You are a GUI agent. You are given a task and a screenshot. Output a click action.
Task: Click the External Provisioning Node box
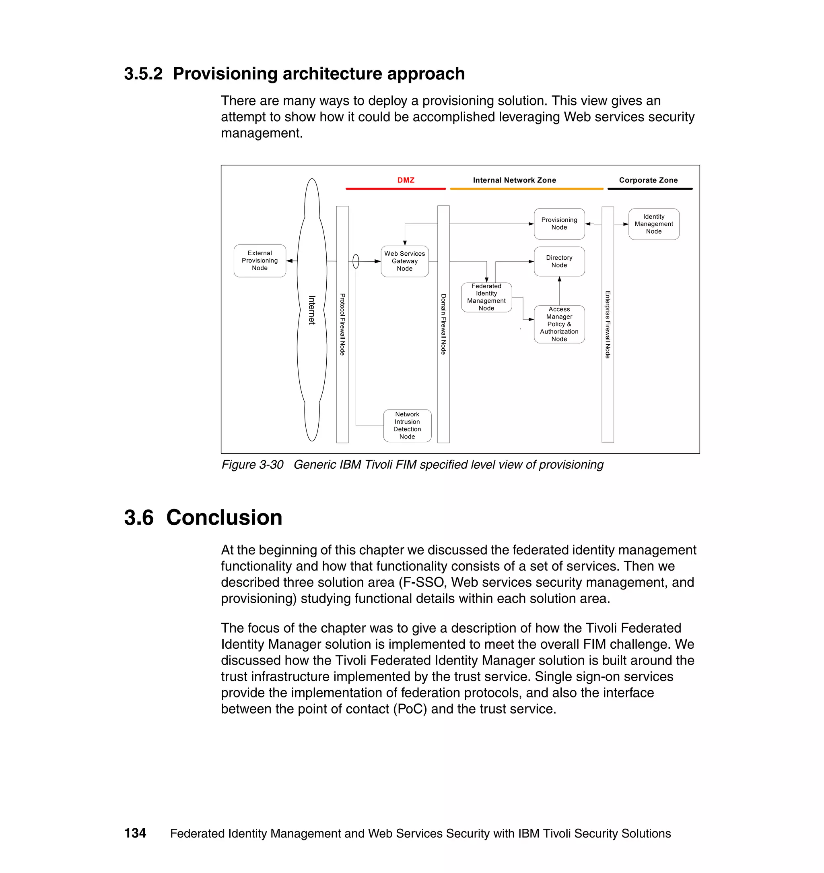[x=260, y=261]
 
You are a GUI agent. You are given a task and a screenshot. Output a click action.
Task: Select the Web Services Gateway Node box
[x=404, y=261]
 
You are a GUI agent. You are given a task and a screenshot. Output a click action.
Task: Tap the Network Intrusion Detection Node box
[x=407, y=426]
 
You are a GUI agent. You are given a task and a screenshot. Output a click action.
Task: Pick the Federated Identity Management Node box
[x=486, y=297]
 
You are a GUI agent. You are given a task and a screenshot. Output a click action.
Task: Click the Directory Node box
[x=559, y=262]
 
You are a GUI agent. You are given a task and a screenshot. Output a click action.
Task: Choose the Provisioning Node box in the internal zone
[x=559, y=224]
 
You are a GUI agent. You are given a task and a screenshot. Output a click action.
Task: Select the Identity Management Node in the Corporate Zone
[x=653, y=224]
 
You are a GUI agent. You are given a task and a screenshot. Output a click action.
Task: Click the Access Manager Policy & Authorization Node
[x=559, y=325]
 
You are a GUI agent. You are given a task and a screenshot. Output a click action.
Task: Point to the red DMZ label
[x=406, y=180]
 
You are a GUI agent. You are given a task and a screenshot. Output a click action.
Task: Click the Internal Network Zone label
[x=514, y=180]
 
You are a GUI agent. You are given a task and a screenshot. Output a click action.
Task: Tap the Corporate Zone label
[x=648, y=180]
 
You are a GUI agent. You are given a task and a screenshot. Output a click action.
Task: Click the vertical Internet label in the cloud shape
[x=312, y=310]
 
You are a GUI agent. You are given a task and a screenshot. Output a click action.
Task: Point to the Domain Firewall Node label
[x=444, y=325]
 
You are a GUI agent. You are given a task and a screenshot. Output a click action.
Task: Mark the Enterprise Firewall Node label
[x=608, y=325]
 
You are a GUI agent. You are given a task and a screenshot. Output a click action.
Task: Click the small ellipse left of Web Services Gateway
[x=356, y=262]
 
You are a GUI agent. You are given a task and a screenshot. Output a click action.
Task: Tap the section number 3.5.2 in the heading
[x=143, y=74]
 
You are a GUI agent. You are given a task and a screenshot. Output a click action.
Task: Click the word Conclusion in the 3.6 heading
[x=224, y=517]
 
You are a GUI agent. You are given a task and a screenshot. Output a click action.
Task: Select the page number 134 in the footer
[x=135, y=833]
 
